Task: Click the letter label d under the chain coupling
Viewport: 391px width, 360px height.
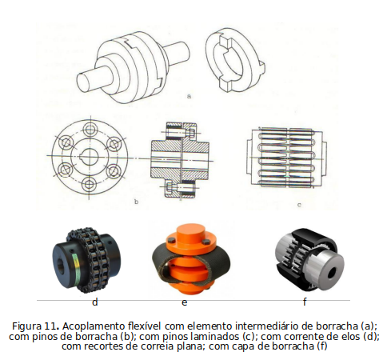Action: [x=95, y=302]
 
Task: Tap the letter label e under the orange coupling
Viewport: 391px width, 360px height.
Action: [x=184, y=302]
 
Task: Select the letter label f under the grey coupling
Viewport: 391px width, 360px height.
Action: [x=305, y=302]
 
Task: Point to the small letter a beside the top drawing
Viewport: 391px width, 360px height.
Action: [x=189, y=96]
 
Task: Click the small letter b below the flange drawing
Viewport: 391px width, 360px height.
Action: [x=137, y=202]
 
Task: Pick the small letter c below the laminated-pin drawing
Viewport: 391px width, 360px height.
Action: [x=299, y=205]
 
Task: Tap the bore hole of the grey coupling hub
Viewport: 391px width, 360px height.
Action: [x=332, y=273]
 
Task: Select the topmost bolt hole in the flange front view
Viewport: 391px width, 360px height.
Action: [x=90, y=130]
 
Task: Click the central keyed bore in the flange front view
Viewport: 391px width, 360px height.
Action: [x=90, y=157]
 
